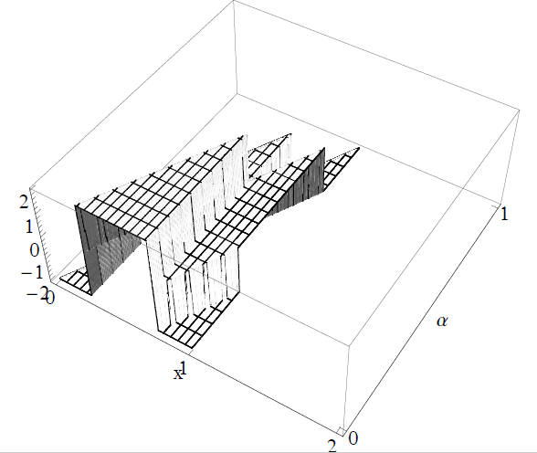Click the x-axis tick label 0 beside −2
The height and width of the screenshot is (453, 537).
[49, 297]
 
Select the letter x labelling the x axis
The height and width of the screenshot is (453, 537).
[178, 373]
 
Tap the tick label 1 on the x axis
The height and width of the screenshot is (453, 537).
[186, 368]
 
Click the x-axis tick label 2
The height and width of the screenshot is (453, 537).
[332, 445]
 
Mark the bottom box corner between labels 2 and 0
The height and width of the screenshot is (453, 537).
[340, 429]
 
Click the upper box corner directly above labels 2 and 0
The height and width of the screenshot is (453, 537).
[346, 347]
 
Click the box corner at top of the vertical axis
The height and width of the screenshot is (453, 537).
[31, 187]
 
